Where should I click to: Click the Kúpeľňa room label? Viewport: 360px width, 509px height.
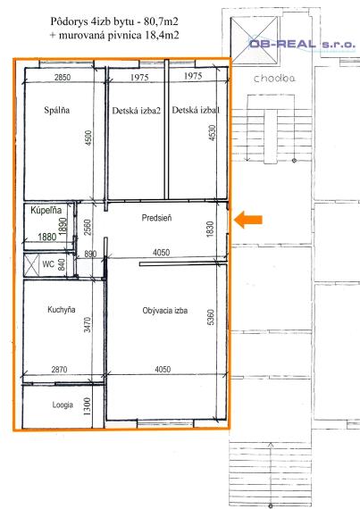pyautogui.click(x=46, y=211)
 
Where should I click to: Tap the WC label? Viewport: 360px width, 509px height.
pyautogui.click(x=36, y=264)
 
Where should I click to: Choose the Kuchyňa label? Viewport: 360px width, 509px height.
pyautogui.click(x=42, y=311)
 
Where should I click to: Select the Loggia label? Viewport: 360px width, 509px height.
pyautogui.click(x=38, y=405)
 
